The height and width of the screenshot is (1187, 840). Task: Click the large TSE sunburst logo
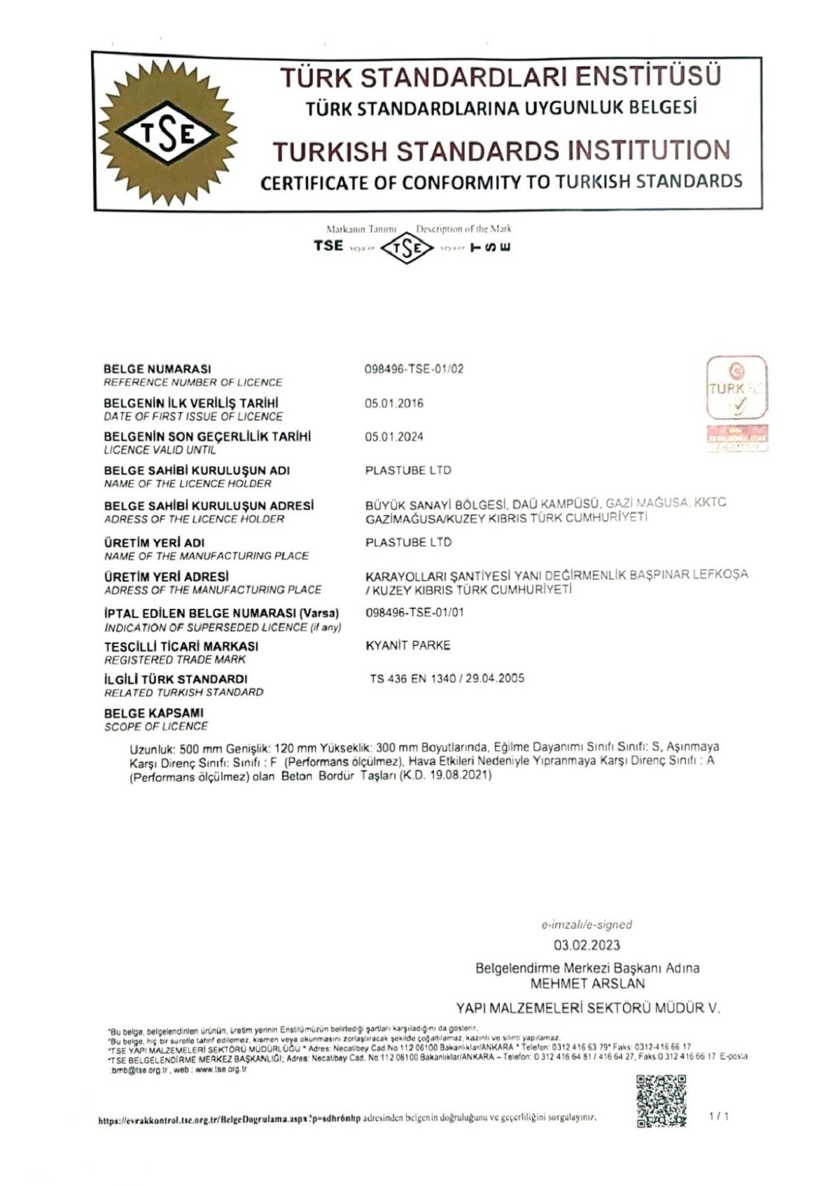pos(167,133)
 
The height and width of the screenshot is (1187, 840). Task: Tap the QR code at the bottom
pos(660,1101)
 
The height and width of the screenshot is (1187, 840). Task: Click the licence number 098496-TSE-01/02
pos(414,369)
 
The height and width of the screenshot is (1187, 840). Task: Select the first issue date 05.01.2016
pos(394,403)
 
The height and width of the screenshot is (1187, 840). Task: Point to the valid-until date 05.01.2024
pos(394,437)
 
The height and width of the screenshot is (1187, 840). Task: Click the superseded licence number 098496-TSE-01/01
pos(414,612)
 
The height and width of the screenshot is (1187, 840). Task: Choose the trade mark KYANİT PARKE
pos(408,645)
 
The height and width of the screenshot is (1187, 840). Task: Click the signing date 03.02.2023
pos(587,945)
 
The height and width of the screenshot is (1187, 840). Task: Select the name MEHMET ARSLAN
pos(587,983)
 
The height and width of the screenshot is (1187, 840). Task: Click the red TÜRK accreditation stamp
pos(736,402)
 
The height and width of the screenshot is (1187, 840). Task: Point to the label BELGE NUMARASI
pos(157,369)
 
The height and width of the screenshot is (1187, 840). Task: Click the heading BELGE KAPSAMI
pos(154,713)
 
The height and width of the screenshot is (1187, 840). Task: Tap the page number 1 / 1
pos(719,1116)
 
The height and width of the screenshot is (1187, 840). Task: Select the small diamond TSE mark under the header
pos(407,248)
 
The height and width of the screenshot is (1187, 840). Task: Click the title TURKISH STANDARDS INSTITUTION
pos(501,151)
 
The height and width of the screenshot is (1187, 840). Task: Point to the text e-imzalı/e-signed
pos(587,925)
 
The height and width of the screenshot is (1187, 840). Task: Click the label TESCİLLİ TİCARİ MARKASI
pos(181,646)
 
